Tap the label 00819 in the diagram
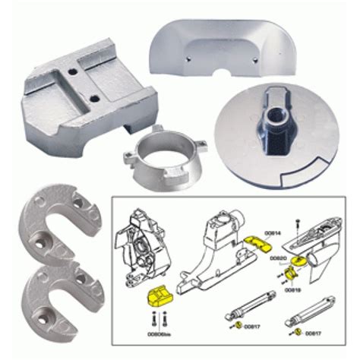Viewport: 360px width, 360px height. point(292,289)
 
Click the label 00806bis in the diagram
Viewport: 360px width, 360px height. point(159,333)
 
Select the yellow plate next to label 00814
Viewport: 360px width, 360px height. point(259,245)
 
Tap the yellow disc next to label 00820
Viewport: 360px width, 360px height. point(299,261)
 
